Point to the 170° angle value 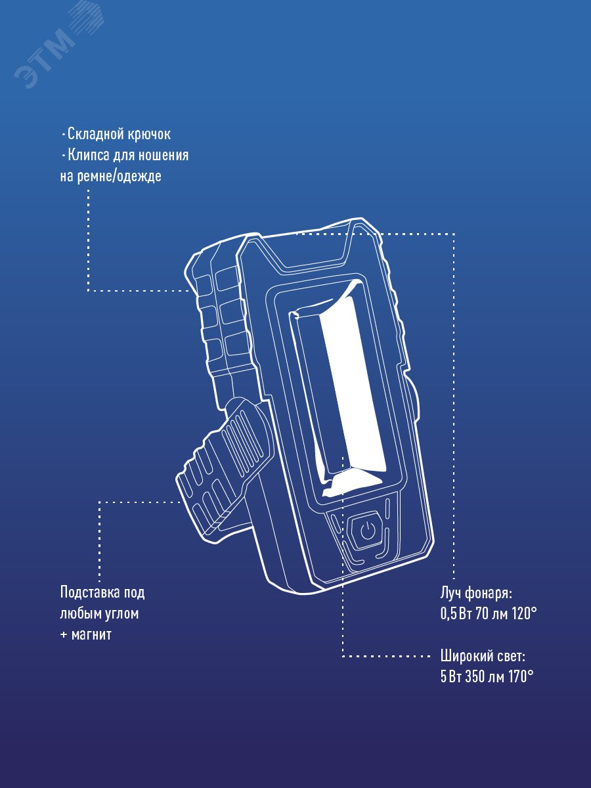pyautogui.click(x=518, y=677)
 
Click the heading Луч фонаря pyautogui.click(x=475, y=593)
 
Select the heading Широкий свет pyautogui.click(x=483, y=656)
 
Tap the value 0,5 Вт pyautogui.click(x=453, y=614)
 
